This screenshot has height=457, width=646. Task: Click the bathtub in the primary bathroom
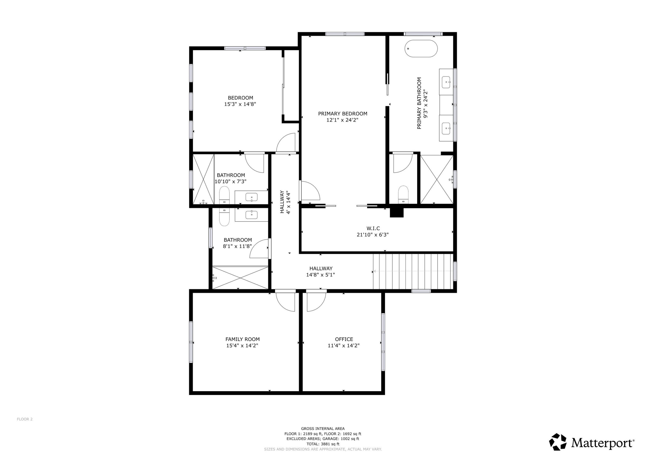(x=421, y=49)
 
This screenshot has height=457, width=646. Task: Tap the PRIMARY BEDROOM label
(x=342, y=114)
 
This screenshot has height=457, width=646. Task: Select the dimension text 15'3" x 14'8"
(x=240, y=104)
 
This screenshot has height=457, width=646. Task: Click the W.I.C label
(x=373, y=228)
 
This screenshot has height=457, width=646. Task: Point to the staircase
(x=413, y=271)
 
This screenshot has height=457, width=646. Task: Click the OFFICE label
(x=344, y=339)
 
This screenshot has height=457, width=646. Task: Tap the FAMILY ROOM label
(x=242, y=339)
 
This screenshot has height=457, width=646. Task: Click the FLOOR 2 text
(x=25, y=419)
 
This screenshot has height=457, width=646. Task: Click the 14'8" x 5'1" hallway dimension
(x=320, y=275)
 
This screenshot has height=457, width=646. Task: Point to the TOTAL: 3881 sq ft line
(x=323, y=444)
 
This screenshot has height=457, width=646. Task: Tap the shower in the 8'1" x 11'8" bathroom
(x=240, y=278)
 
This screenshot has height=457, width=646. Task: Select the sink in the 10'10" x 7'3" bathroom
(x=251, y=197)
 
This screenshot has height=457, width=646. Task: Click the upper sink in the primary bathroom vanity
(x=446, y=82)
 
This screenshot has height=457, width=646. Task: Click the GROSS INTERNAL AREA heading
(x=323, y=428)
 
